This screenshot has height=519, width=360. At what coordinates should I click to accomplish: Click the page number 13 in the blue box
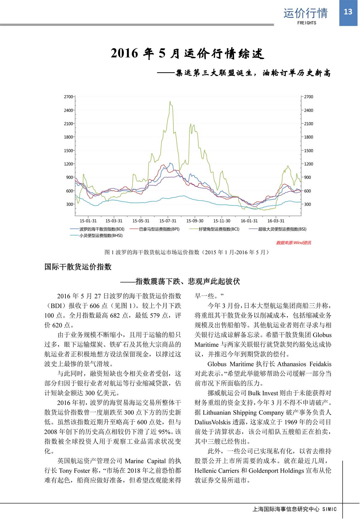[348, 12]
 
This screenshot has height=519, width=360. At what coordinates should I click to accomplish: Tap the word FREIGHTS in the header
[307, 23]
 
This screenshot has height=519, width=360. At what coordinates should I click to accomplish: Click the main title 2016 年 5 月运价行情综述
[187, 54]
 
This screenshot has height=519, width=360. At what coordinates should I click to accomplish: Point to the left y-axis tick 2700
[68, 97]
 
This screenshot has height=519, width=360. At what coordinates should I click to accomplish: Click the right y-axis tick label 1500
[308, 151]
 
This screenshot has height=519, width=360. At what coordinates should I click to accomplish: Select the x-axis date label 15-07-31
[168, 221]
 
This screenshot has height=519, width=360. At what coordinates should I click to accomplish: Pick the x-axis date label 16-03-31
[276, 221]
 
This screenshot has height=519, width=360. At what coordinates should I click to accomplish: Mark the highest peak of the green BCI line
[170, 101]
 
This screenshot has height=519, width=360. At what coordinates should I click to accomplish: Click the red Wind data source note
[293, 243]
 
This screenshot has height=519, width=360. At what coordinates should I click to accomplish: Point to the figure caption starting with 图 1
[186, 252]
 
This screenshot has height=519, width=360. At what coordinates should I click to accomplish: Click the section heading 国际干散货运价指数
[78, 267]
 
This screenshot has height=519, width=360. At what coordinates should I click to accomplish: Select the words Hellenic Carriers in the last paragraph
[217, 471]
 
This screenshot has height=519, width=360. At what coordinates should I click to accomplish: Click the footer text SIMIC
[329, 509]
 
